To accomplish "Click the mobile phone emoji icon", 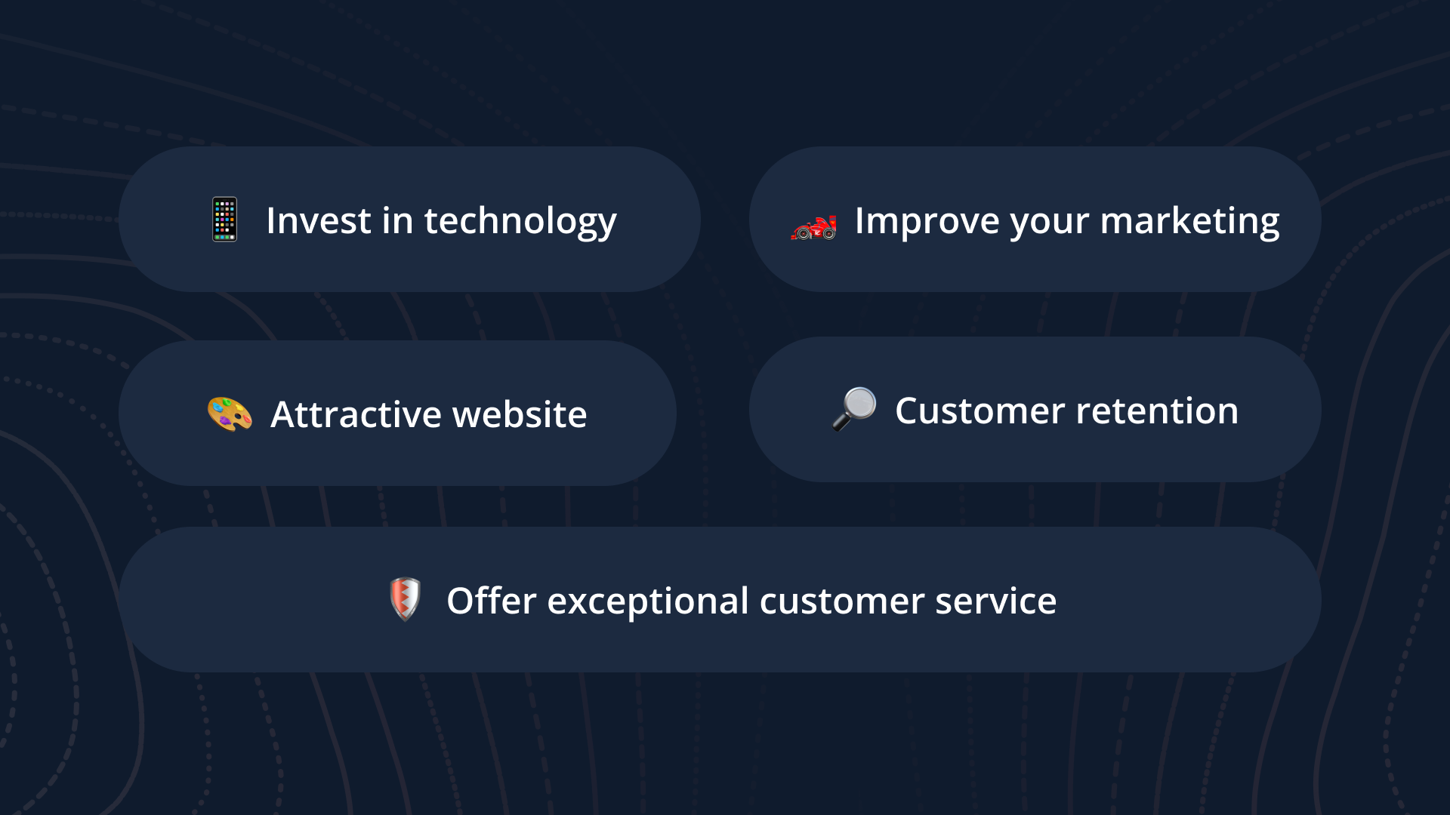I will [x=224, y=220].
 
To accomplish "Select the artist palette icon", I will [x=230, y=414].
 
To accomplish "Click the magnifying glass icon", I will [x=855, y=408].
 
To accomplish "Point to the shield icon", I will [x=405, y=599].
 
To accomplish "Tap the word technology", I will [x=520, y=222].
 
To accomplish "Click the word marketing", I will [x=1189, y=222].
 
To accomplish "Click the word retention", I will [x=1157, y=411].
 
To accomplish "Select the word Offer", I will [x=491, y=601].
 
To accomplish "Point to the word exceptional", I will [x=648, y=602].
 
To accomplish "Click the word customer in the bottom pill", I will [x=841, y=601].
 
